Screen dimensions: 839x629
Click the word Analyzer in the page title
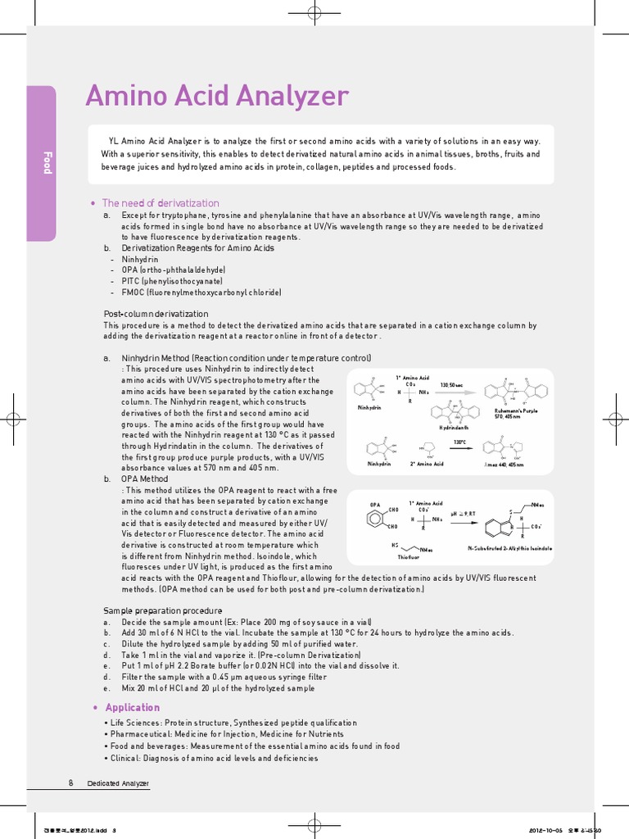click(x=291, y=96)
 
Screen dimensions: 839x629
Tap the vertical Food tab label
click(x=48, y=164)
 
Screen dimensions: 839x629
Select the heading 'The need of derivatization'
click(x=160, y=203)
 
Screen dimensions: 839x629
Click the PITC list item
click(x=172, y=281)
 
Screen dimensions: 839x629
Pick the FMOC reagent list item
click(x=201, y=293)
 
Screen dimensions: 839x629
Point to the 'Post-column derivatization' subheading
click(x=156, y=314)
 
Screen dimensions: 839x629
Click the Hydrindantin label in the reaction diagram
click(x=455, y=428)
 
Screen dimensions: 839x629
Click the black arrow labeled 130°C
click(x=459, y=448)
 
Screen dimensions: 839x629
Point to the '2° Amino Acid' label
click(x=427, y=464)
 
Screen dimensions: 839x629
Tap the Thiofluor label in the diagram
click(x=409, y=556)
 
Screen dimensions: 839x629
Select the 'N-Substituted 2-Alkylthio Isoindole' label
click(x=509, y=547)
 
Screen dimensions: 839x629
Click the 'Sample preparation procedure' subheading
click(x=162, y=610)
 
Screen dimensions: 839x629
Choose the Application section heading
click(x=133, y=707)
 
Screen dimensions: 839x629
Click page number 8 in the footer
click(x=71, y=783)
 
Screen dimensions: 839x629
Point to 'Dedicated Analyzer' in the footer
click(x=119, y=784)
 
